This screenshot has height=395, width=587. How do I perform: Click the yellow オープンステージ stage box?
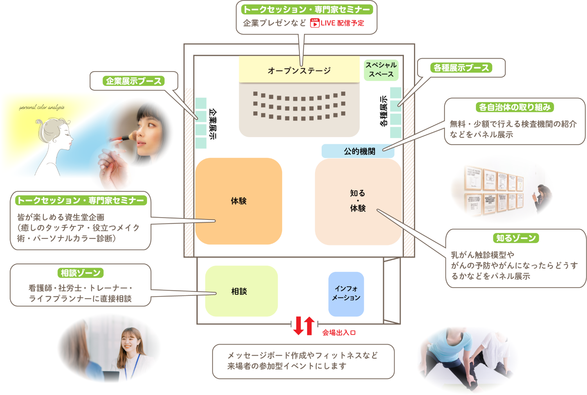click(x=299, y=70)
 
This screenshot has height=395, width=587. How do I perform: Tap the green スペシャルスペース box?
click(x=381, y=70)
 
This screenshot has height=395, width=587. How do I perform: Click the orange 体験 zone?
click(x=238, y=201)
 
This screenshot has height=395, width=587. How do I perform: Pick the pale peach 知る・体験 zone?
click(x=358, y=201)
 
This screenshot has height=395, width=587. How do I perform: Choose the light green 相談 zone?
click(x=241, y=291)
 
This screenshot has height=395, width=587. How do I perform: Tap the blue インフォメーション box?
click(x=346, y=293)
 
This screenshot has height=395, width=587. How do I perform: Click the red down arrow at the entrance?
click(x=299, y=325)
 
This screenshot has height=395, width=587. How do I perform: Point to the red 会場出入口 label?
click(x=339, y=332)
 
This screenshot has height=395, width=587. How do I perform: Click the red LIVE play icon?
click(x=315, y=23)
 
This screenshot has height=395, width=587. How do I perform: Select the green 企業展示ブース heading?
click(x=133, y=81)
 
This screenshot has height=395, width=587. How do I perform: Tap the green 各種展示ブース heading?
click(x=461, y=68)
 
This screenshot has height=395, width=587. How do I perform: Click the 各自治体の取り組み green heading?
click(x=515, y=107)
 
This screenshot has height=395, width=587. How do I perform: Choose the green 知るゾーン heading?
click(x=516, y=238)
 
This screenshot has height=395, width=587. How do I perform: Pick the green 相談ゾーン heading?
click(x=81, y=273)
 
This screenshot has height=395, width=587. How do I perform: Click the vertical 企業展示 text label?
click(x=212, y=124)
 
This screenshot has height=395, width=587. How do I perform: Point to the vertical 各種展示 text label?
click(x=384, y=111)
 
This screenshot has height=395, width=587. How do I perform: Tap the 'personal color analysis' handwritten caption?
click(x=42, y=107)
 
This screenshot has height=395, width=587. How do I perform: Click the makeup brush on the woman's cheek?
click(x=124, y=138)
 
